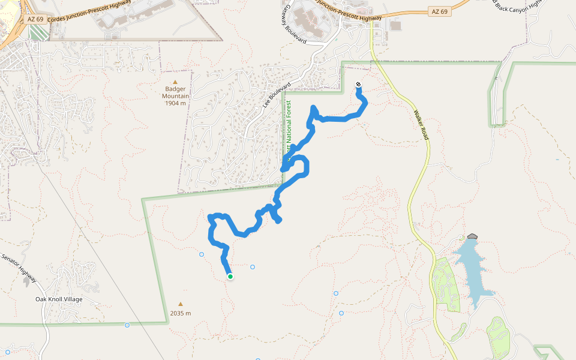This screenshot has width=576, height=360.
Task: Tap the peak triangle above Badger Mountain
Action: point(175,82)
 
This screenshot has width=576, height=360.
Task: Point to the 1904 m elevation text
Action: point(176,103)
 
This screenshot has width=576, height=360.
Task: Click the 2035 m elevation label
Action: point(180,313)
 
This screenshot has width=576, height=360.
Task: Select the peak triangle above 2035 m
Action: point(180,304)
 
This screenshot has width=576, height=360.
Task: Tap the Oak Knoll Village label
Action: point(59,299)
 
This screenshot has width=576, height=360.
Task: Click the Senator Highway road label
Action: point(19,268)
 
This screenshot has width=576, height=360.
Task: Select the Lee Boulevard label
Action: point(272,95)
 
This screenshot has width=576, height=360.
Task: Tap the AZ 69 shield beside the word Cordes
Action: point(35,20)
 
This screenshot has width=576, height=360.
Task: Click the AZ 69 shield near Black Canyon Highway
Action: point(440,12)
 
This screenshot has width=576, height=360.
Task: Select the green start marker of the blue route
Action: point(230,277)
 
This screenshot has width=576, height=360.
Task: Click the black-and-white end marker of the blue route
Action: point(358,85)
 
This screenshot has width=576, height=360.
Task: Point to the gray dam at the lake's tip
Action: point(472,237)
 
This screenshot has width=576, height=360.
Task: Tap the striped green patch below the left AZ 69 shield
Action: point(37,33)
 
